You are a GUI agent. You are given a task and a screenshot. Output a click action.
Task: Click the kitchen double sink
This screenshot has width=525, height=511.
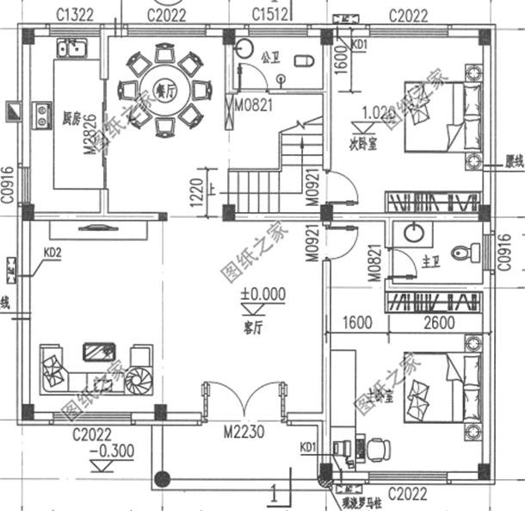pos(69,47)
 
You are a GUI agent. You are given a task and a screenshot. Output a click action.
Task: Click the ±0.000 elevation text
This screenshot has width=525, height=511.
pos(262,295)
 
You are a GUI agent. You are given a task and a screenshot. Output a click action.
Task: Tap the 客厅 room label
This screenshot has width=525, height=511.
pos(254,326)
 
